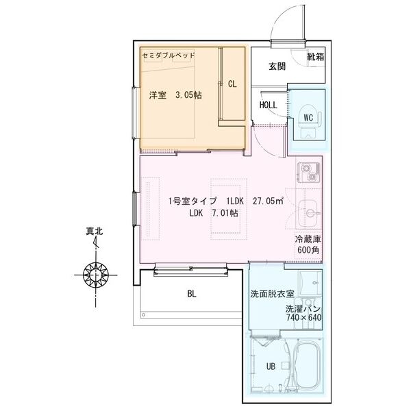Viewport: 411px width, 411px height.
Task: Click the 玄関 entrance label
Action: (x=277, y=66)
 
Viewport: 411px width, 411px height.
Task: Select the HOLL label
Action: (x=269, y=105)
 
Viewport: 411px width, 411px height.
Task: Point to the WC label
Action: (x=308, y=117)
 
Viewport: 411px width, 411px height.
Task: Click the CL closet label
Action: (x=232, y=84)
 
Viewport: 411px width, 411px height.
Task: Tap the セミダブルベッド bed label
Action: (x=169, y=55)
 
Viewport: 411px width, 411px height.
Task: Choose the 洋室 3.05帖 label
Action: (x=175, y=96)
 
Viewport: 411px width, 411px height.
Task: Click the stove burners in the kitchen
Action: (x=308, y=172)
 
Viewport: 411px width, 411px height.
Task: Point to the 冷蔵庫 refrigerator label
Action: (x=308, y=240)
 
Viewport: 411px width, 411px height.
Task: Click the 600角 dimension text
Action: (x=308, y=250)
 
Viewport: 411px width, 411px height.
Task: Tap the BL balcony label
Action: (x=192, y=295)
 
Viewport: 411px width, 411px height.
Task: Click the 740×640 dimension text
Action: (x=304, y=318)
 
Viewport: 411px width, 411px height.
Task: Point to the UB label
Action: (x=271, y=366)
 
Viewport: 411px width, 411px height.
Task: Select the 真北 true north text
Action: (x=95, y=232)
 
